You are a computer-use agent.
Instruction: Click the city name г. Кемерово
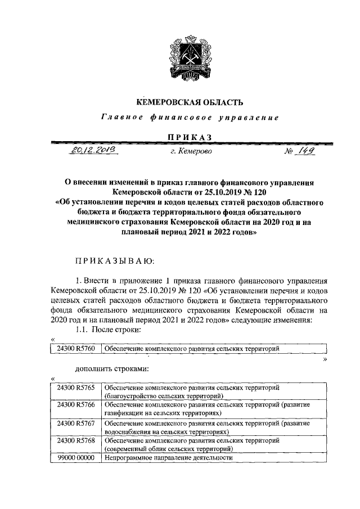[x=190, y=151]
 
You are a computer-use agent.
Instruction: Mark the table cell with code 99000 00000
[x=75, y=458]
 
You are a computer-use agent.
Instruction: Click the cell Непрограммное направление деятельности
[x=169, y=458]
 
